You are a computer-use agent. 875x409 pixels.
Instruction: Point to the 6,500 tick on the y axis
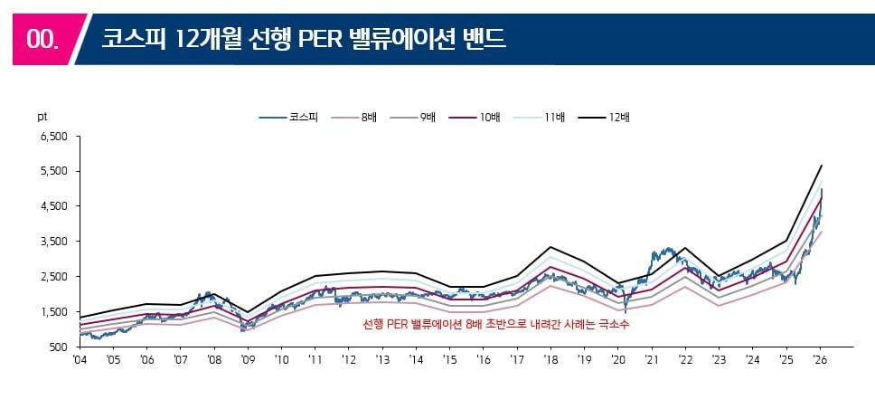[x=55, y=137]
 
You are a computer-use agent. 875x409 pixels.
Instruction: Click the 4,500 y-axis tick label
[x=55, y=206]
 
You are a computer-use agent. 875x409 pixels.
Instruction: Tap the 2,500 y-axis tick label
[x=55, y=277]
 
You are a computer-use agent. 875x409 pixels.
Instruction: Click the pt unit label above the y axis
[x=42, y=117]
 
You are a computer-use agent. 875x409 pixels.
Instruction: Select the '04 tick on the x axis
[x=80, y=359]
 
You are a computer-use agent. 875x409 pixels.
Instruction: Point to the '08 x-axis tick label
[x=214, y=359]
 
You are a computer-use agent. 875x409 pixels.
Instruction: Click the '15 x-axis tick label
[x=449, y=359]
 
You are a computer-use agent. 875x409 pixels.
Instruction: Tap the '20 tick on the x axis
[x=617, y=359]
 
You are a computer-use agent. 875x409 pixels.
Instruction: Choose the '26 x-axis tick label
[x=819, y=359]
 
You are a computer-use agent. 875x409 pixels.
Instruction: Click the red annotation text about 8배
[x=495, y=324]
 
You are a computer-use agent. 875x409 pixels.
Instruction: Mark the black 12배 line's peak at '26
[x=821, y=166]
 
